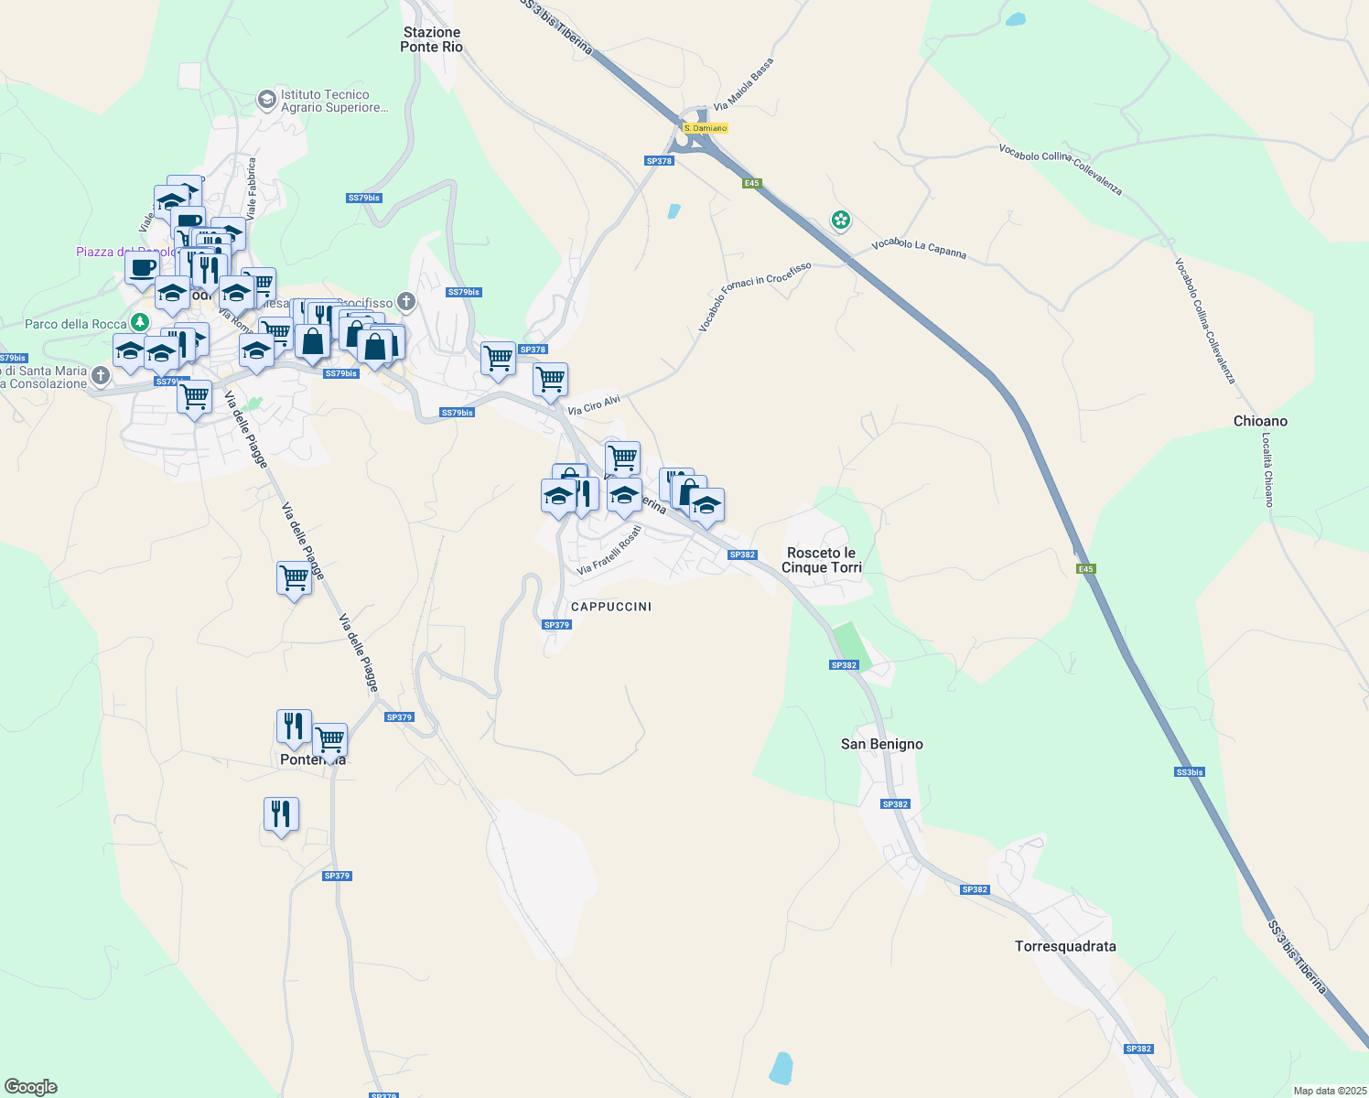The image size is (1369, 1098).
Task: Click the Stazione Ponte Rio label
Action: (431, 39)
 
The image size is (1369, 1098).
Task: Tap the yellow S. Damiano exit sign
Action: (706, 128)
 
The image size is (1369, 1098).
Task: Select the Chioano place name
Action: (1260, 421)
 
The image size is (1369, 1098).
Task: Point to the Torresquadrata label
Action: (1065, 946)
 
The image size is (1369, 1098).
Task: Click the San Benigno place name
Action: (882, 744)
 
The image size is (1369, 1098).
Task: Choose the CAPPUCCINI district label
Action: (611, 607)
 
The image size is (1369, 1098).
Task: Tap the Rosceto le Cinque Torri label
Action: (822, 560)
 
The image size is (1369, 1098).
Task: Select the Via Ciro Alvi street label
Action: (594, 405)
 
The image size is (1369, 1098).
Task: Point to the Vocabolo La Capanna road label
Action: (919, 248)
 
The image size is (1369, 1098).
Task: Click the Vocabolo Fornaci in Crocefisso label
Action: (755, 296)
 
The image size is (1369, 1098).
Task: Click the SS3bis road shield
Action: (1189, 772)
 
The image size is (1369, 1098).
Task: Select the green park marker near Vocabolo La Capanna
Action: (841, 220)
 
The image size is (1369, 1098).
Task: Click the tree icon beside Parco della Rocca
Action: (139, 322)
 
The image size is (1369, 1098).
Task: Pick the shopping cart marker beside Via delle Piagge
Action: (294, 578)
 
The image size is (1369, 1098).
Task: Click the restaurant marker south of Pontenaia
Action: (281, 813)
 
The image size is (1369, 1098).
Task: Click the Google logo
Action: (31, 1087)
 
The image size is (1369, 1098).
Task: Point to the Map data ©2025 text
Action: (1329, 1091)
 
